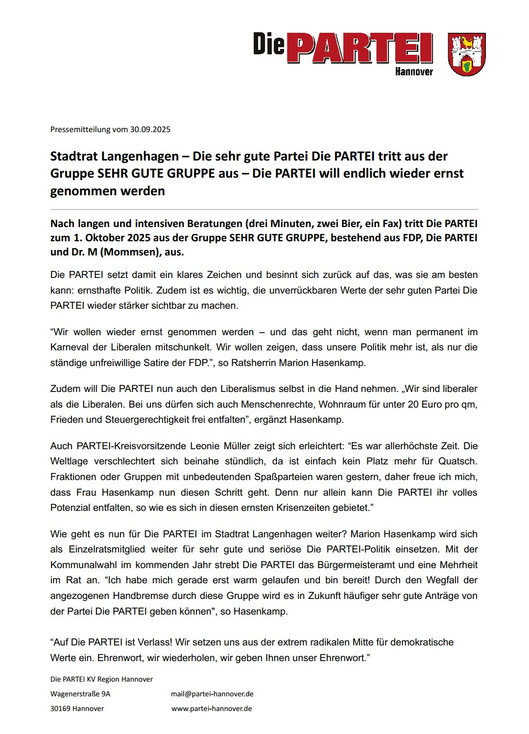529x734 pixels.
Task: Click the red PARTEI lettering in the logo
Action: point(360,48)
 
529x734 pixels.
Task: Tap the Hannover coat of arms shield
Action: point(467,54)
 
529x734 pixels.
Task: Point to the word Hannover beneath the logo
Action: point(414,72)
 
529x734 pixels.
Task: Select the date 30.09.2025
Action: point(150,130)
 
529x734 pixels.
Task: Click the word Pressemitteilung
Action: point(80,130)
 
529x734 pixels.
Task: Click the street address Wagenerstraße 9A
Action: point(80,694)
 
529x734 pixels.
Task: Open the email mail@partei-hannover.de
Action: point(212,694)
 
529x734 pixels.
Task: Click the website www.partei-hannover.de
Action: point(212,709)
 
